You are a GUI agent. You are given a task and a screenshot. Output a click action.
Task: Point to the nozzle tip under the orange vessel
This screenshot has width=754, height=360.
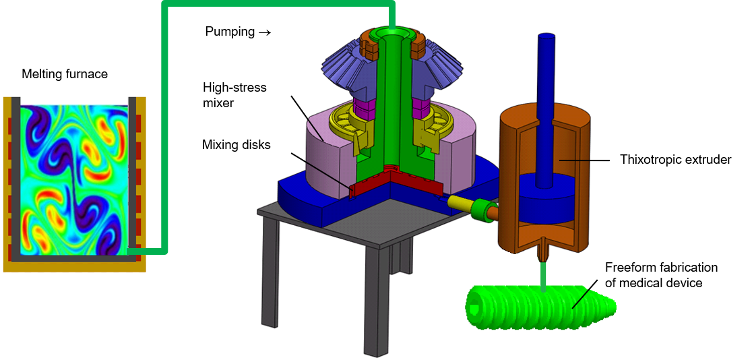point(542,258)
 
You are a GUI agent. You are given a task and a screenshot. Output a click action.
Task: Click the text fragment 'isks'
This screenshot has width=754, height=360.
point(259,144)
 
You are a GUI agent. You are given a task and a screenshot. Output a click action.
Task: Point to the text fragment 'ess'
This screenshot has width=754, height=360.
point(257,88)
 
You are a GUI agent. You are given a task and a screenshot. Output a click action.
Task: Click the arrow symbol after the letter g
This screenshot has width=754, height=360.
point(265,32)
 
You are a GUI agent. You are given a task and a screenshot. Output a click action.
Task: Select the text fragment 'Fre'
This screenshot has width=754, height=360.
point(612,267)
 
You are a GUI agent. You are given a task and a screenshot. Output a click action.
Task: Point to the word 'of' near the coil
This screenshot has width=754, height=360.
point(610,283)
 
